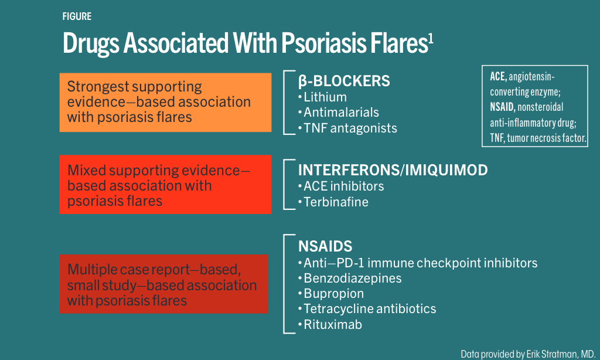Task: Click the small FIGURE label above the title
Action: pos(77,16)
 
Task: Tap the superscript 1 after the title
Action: pos(431,39)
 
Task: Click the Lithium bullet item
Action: pos(325,97)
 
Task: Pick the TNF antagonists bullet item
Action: pos(350,128)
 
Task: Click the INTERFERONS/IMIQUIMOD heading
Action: pos(393,170)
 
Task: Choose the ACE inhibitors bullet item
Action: pos(344,186)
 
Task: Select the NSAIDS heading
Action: pos(325,247)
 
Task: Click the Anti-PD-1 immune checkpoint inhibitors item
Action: pos(420,263)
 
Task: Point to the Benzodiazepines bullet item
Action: pos(353,278)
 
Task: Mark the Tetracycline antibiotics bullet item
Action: pos(370,308)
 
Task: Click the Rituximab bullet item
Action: pos(333,324)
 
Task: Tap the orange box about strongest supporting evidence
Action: pos(165,102)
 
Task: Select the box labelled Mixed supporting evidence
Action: pos(165,185)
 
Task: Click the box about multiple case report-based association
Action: pos(163,284)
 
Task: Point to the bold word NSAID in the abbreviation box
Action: pos(503,108)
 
